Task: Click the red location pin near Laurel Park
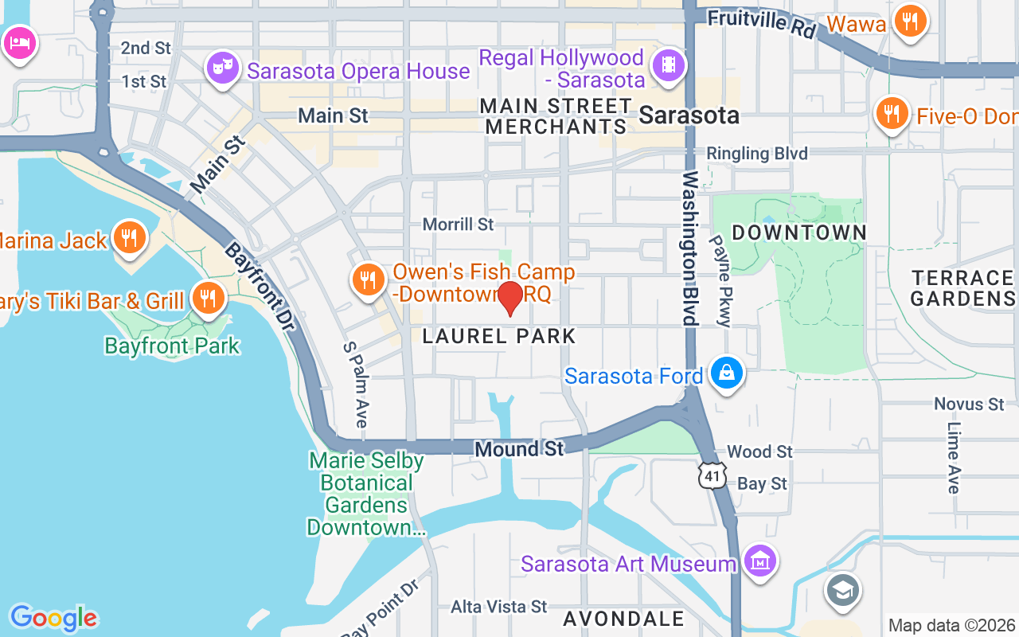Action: (x=509, y=298)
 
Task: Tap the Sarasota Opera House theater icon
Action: (x=223, y=68)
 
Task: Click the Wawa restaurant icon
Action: (x=908, y=21)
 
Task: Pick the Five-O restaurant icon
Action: (x=892, y=114)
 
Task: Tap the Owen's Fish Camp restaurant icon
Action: (x=367, y=280)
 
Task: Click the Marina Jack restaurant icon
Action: (x=127, y=236)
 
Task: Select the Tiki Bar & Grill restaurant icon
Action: (x=208, y=299)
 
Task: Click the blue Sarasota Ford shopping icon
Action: (x=726, y=373)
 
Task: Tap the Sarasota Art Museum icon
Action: (x=760, y=561)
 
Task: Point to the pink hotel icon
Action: (x=18, y=41)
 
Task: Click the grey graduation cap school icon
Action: (x=842, y=590)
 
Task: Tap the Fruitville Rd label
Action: (x=762, y=24)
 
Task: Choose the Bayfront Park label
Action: (x=172, y=346)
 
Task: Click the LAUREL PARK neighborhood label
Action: (x=498, y=336)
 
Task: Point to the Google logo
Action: (x=53, y=618)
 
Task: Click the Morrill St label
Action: (x=458, y=225)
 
